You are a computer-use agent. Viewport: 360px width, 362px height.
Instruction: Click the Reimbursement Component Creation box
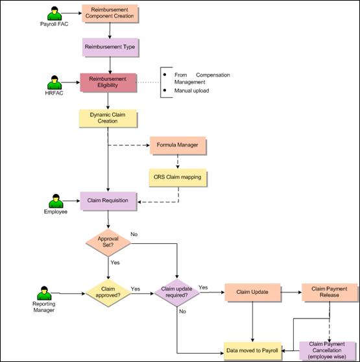tap(110, 14)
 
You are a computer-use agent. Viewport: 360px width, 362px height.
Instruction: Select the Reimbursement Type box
tap(110, 47)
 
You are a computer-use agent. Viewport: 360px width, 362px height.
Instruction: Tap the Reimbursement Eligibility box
tap(108, 82)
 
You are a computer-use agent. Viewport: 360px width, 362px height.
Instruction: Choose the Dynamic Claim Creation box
tap(108, 118)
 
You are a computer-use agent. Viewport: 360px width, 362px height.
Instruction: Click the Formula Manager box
tap(178, 145)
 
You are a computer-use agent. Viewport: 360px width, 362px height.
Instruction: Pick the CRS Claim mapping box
tap(178, 178)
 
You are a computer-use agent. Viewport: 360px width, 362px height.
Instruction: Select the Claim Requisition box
tap(108, 201)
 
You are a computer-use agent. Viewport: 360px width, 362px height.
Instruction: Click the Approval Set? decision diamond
tap(108, 243)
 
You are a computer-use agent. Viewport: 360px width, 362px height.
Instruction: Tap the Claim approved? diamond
tap(108, 293)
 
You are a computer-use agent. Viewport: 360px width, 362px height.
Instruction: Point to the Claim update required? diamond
tap(177, 293)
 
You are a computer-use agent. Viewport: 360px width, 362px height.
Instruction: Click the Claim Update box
tap(253, 293)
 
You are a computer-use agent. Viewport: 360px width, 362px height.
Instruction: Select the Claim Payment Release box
tap(330, 293)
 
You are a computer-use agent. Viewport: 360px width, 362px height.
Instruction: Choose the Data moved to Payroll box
tap(252, 351)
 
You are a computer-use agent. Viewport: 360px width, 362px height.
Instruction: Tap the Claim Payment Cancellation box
tap(327, 351)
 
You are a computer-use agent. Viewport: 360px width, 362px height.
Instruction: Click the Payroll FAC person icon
tap(54, 14)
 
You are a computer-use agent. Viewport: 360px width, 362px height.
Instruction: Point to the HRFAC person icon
tap(54, 82)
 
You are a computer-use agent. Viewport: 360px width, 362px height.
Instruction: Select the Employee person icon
tap(56, 201)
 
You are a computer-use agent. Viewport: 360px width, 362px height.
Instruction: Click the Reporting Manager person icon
tap(44, 293)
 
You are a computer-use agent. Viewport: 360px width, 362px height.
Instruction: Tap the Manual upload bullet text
tap(191, 91)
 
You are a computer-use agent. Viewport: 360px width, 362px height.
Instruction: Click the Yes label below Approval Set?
tap(115, 263)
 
